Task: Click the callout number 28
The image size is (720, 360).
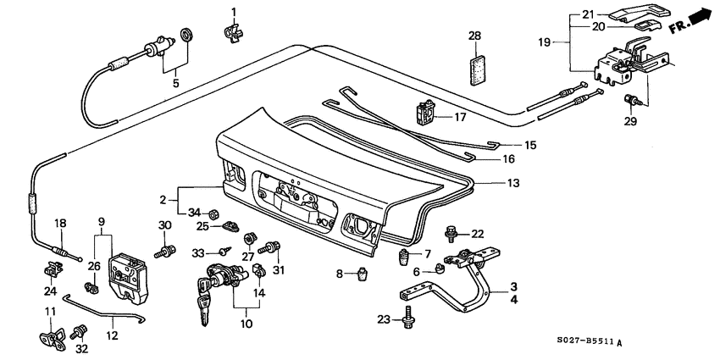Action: [474, 36]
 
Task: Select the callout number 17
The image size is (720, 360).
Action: [461, 117]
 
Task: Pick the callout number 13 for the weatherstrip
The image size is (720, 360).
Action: [512, 182]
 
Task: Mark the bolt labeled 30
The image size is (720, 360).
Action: [164, 250]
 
